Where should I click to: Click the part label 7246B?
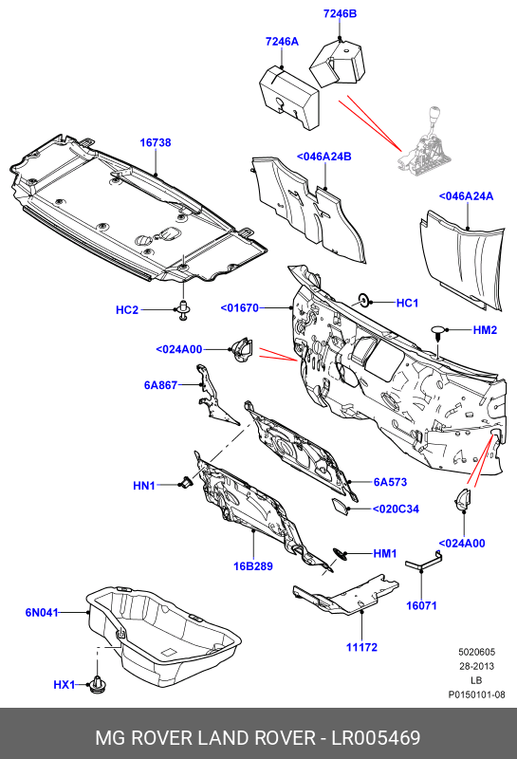340,13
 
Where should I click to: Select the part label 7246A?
282,42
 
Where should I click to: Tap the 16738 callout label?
156,143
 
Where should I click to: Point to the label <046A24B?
323,157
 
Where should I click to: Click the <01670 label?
240,307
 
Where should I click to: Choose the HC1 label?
407,303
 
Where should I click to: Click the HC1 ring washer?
362,300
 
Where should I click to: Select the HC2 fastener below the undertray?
183,310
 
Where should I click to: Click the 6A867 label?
160,385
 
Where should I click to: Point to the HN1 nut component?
186,483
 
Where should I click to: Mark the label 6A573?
390,482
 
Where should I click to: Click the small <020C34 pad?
340,507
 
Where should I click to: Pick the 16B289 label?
253,566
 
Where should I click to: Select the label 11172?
361,647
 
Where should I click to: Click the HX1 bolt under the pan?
98,684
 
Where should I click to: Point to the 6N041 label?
42,613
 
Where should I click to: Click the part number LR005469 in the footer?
376,738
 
